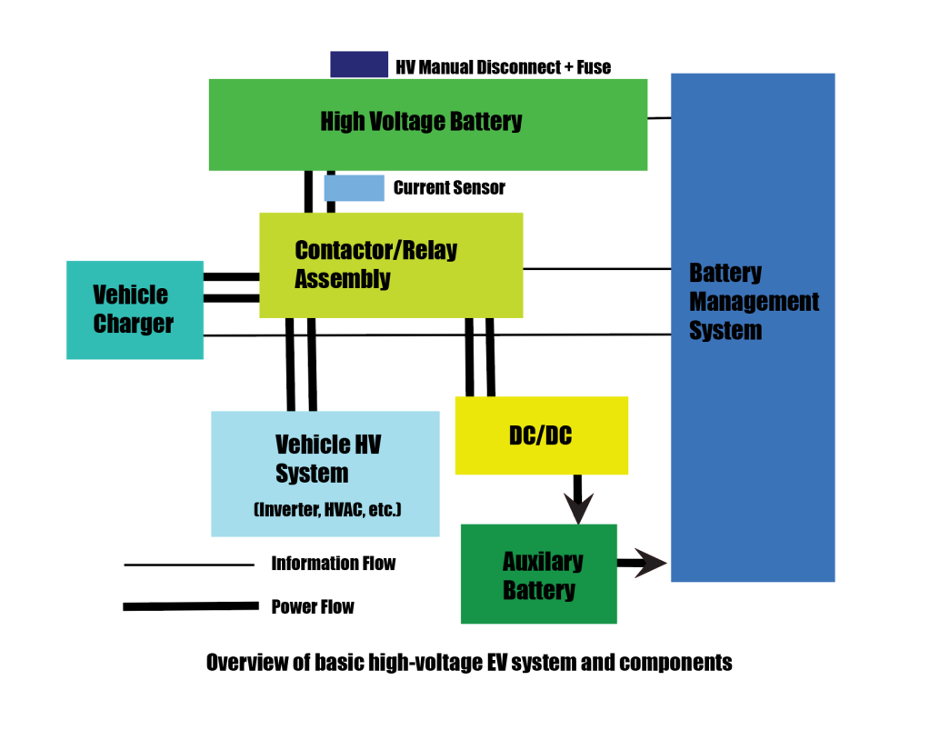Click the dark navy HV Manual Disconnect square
pyautogui.click(x=359, y=65)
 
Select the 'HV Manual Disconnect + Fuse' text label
pyautogui.click(x=503, y=66)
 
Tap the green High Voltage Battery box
pyautogui.click(x=427, y=125)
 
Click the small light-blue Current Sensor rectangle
pyautogui.click(x=354, y=188)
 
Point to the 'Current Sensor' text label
pyautogui.click(x=449, y=188)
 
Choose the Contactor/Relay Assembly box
pyautogui.click(x=391, y=265)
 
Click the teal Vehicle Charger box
pyautogui.click(x=135, y=309)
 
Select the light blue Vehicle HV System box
pyautogui.click(x=325, y=473)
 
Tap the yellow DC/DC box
pyautogui.click(x=541, y=435)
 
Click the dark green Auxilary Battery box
pyautogui.click(x=538, y=574)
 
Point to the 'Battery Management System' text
pyautogui.click(x=754, y=301)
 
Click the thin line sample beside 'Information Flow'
pyautogui.click(x=189, y=565)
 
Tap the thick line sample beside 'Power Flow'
pyautogui.click(x=191, y=606)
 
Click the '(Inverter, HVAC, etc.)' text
pyautogui.click(x=327, y=511)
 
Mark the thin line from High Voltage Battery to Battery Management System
pyautogui.click(x=659, y=118)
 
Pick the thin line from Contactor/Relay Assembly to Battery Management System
pyautogui.click(x=596, y=269)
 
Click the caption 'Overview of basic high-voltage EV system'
pyautogui.click(x=469, y=663)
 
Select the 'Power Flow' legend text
pyautogui.click(x=313, y=606)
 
